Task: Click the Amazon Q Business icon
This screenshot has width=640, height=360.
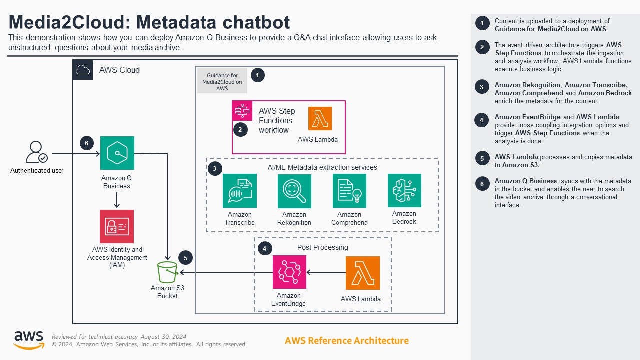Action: click(117, 153)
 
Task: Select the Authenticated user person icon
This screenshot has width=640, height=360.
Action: click(37, 152)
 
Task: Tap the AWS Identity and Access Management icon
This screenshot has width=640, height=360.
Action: click(117, 226)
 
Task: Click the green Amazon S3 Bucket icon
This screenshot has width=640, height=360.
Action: click(167, 272)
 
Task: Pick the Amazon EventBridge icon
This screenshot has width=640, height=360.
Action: click(289, 272)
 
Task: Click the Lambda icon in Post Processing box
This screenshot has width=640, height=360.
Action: click(362, 273)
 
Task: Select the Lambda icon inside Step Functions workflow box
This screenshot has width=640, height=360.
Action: click(320, 119)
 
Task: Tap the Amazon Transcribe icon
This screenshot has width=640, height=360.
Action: click(240, 191)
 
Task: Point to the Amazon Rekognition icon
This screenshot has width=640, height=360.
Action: click(294, 191)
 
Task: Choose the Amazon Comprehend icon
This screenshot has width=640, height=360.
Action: click(349, 191)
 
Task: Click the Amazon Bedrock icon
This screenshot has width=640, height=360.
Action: click(404, 190)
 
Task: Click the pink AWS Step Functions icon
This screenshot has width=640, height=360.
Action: click(242, 111)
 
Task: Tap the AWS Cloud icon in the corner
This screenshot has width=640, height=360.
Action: click(83, 70)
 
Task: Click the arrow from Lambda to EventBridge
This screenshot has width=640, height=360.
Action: click(326, 272)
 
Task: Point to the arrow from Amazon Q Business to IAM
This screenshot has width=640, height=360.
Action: click(117, 200)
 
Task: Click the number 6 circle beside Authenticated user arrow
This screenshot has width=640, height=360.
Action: click(87, 143)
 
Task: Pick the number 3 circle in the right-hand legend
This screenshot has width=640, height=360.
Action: click(482, 87)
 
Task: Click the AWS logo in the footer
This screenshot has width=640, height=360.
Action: click(29, 340)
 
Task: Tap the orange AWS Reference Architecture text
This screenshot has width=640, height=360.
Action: click(346, 341)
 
